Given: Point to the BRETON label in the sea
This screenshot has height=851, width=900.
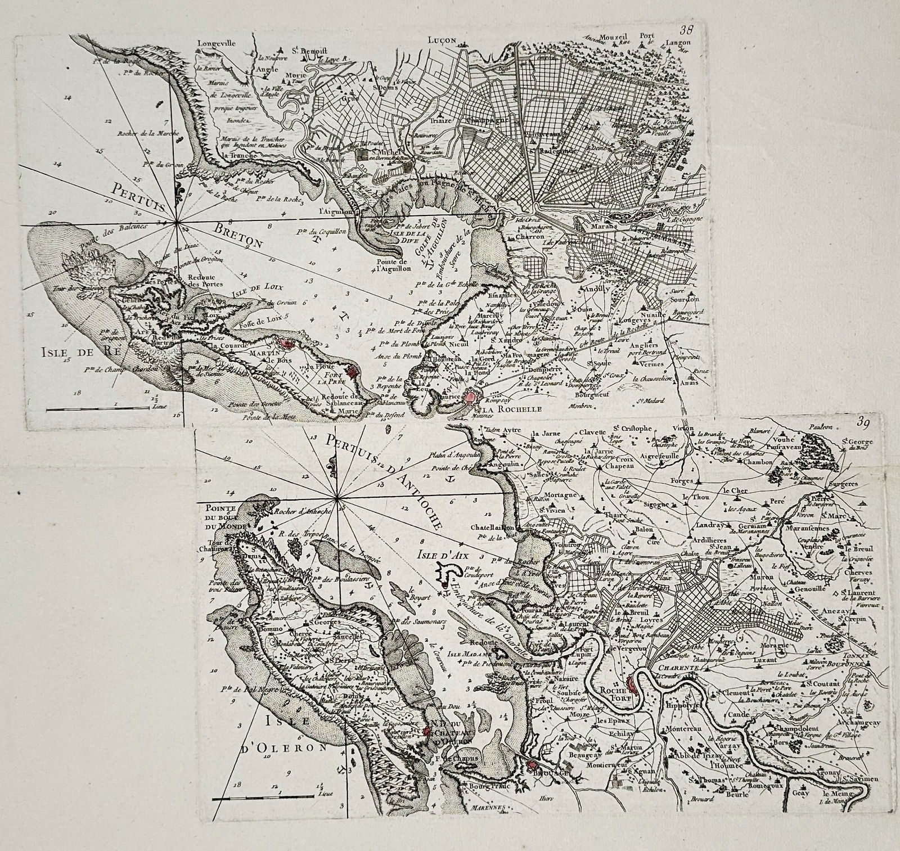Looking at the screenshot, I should coord(238,235).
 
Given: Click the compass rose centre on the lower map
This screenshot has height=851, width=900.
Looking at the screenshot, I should coord(336,498).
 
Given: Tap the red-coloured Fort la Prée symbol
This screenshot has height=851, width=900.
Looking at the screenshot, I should coord(353,371).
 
